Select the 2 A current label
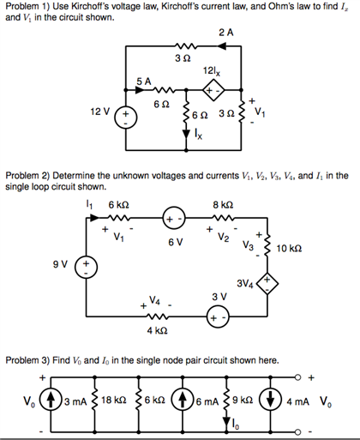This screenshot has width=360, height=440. click(225, 32)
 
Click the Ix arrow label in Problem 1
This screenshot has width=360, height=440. click(199, 135)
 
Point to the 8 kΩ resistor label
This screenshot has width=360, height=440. click(222, 205)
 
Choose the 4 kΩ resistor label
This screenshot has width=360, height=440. click(156, 330)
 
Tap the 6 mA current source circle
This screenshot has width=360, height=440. click(183, 401)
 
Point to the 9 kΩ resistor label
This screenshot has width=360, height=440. click(242, 401)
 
